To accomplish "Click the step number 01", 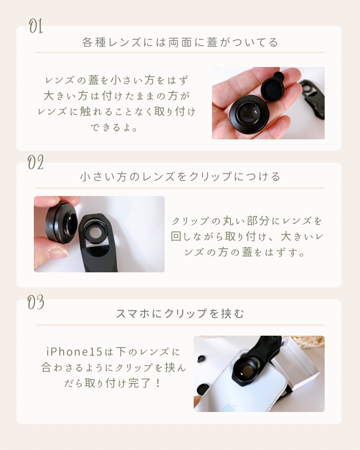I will click(36, 26).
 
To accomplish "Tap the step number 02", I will click(36, 163).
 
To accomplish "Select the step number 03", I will click(36, 302).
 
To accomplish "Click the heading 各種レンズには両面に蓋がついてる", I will click(180, 42).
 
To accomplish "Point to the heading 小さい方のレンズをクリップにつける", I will click(180, 177).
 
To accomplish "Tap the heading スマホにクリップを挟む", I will click(180, 313).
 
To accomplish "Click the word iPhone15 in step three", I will click(74, 352).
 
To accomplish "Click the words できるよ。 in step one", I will click(114, 127).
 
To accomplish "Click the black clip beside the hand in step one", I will click(313, 97).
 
